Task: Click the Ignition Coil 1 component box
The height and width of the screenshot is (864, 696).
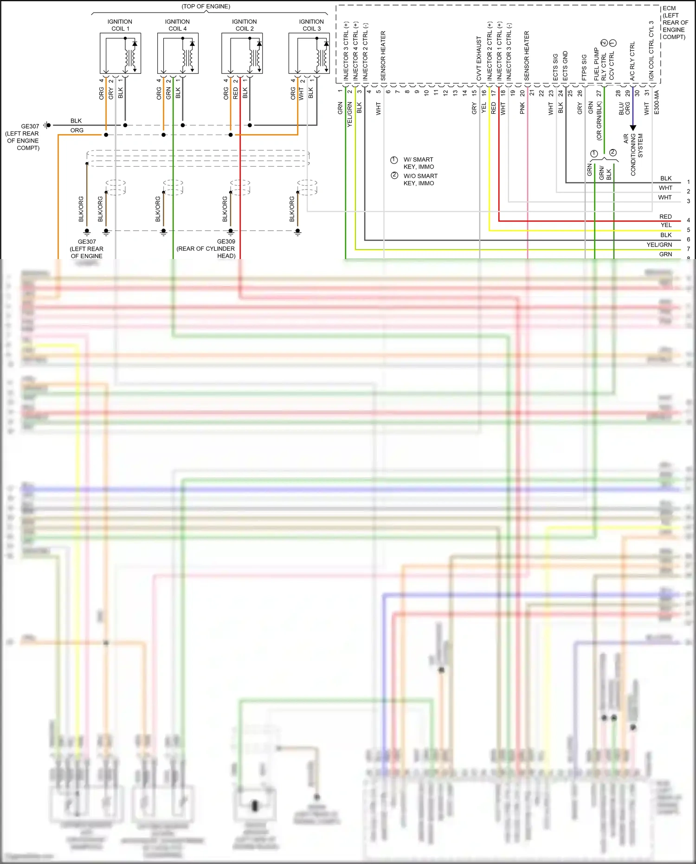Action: (120, 53)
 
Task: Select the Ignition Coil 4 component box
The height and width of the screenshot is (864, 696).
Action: (178, 53)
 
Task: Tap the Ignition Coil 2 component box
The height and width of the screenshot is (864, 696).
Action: (242, 53)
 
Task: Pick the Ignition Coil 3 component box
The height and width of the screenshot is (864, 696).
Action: (309, 53)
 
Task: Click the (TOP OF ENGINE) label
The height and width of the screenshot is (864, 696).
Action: (206, 6)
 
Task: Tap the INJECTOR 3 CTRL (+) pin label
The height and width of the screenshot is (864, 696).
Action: (346, 51)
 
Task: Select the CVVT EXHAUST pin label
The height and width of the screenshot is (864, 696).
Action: (479, 58)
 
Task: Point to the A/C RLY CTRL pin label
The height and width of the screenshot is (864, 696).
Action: (632, 61)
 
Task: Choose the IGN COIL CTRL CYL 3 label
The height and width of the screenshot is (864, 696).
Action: (651, 51)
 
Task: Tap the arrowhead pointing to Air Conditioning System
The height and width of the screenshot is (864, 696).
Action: (633, 128)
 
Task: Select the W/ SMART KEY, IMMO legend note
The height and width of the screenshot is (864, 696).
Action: (418, 163)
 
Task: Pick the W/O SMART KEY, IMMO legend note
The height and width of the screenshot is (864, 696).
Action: (420, 179)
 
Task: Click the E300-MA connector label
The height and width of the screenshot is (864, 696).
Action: (657, 103)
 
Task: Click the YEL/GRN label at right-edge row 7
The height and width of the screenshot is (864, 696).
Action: (659, 245)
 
